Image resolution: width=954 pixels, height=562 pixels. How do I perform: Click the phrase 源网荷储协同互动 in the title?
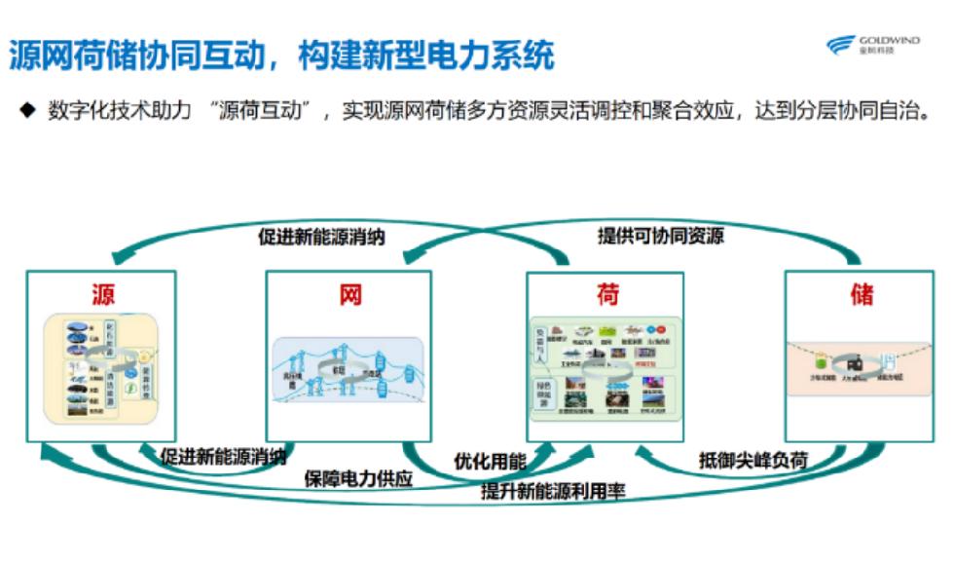(136, 55)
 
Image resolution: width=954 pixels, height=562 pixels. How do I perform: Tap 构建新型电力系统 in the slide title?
(428, 55)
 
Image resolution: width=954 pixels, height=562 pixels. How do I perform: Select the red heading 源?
(103, 294)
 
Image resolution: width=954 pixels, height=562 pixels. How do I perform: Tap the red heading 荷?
(607, 293)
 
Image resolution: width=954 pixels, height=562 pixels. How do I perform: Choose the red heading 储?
(862, 294)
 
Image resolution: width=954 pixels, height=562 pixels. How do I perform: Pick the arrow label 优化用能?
(491, 460)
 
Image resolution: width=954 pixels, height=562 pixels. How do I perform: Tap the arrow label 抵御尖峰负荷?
(753, 459)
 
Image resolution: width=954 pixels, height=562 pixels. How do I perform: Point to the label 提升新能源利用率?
(553, 492)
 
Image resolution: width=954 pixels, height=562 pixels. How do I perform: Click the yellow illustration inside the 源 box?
(102, 366)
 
